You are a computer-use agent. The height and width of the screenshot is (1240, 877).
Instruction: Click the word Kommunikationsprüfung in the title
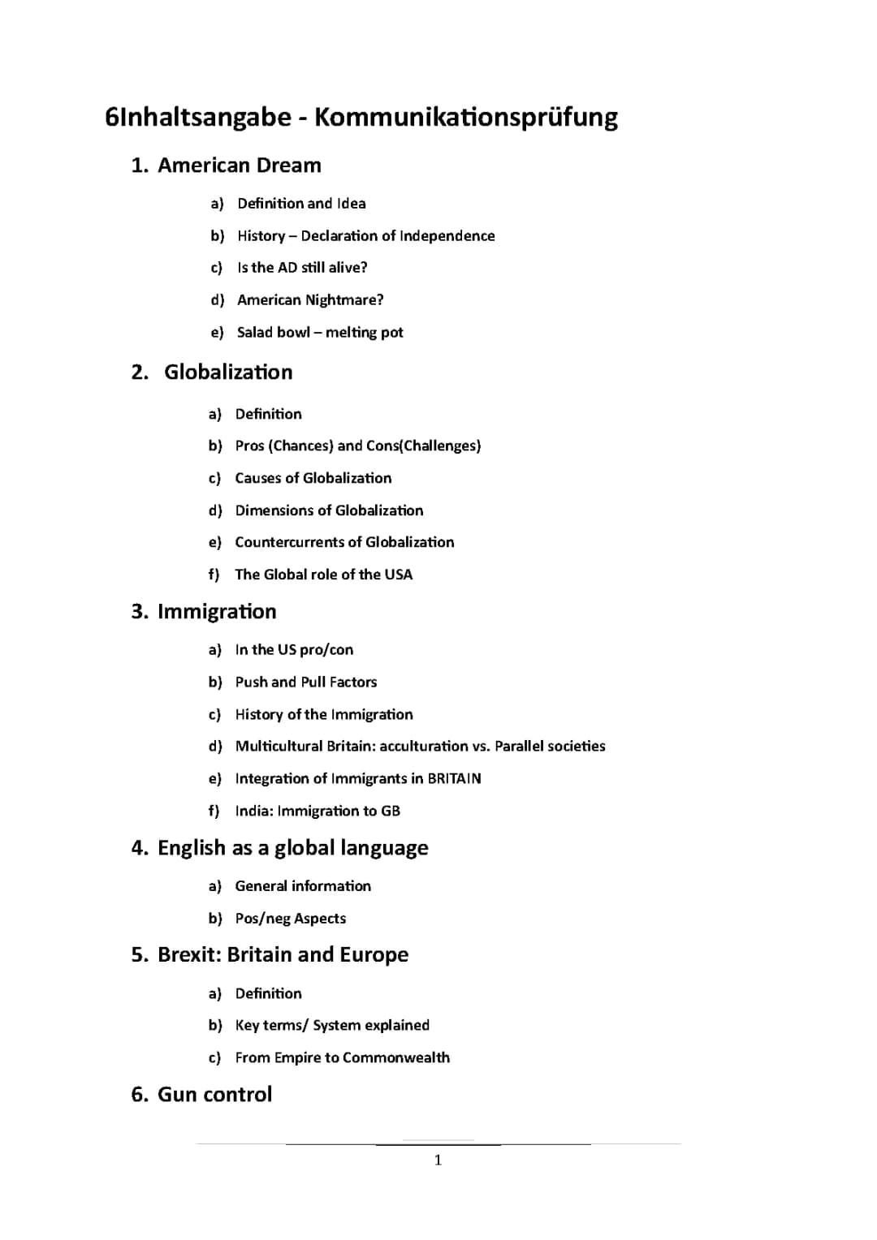(x=465, y=118)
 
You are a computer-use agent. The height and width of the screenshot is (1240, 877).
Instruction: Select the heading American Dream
(x=239, y=166)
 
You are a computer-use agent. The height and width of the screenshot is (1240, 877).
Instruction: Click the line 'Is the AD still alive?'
(x=302, y=268)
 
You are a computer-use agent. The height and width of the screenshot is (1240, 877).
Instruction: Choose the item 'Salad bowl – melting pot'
(x=320, y=333)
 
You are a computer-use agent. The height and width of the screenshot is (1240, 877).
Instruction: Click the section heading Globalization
(x=228, y=372)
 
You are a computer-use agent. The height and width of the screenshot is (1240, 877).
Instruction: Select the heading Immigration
(x=217, y=612)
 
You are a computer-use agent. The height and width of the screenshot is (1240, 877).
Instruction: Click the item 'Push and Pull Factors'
(x=305, y=682)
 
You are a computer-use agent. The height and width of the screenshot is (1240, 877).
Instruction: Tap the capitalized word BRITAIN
(x=454, y=779)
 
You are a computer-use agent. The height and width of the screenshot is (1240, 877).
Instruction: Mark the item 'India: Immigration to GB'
(x=318, y=811)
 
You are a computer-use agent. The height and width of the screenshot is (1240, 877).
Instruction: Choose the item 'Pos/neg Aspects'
(x=290, y=919)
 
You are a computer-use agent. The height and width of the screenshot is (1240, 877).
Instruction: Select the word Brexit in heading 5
(x=189, y=955)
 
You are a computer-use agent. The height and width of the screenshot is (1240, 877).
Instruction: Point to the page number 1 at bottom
(x=438, y=1160)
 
